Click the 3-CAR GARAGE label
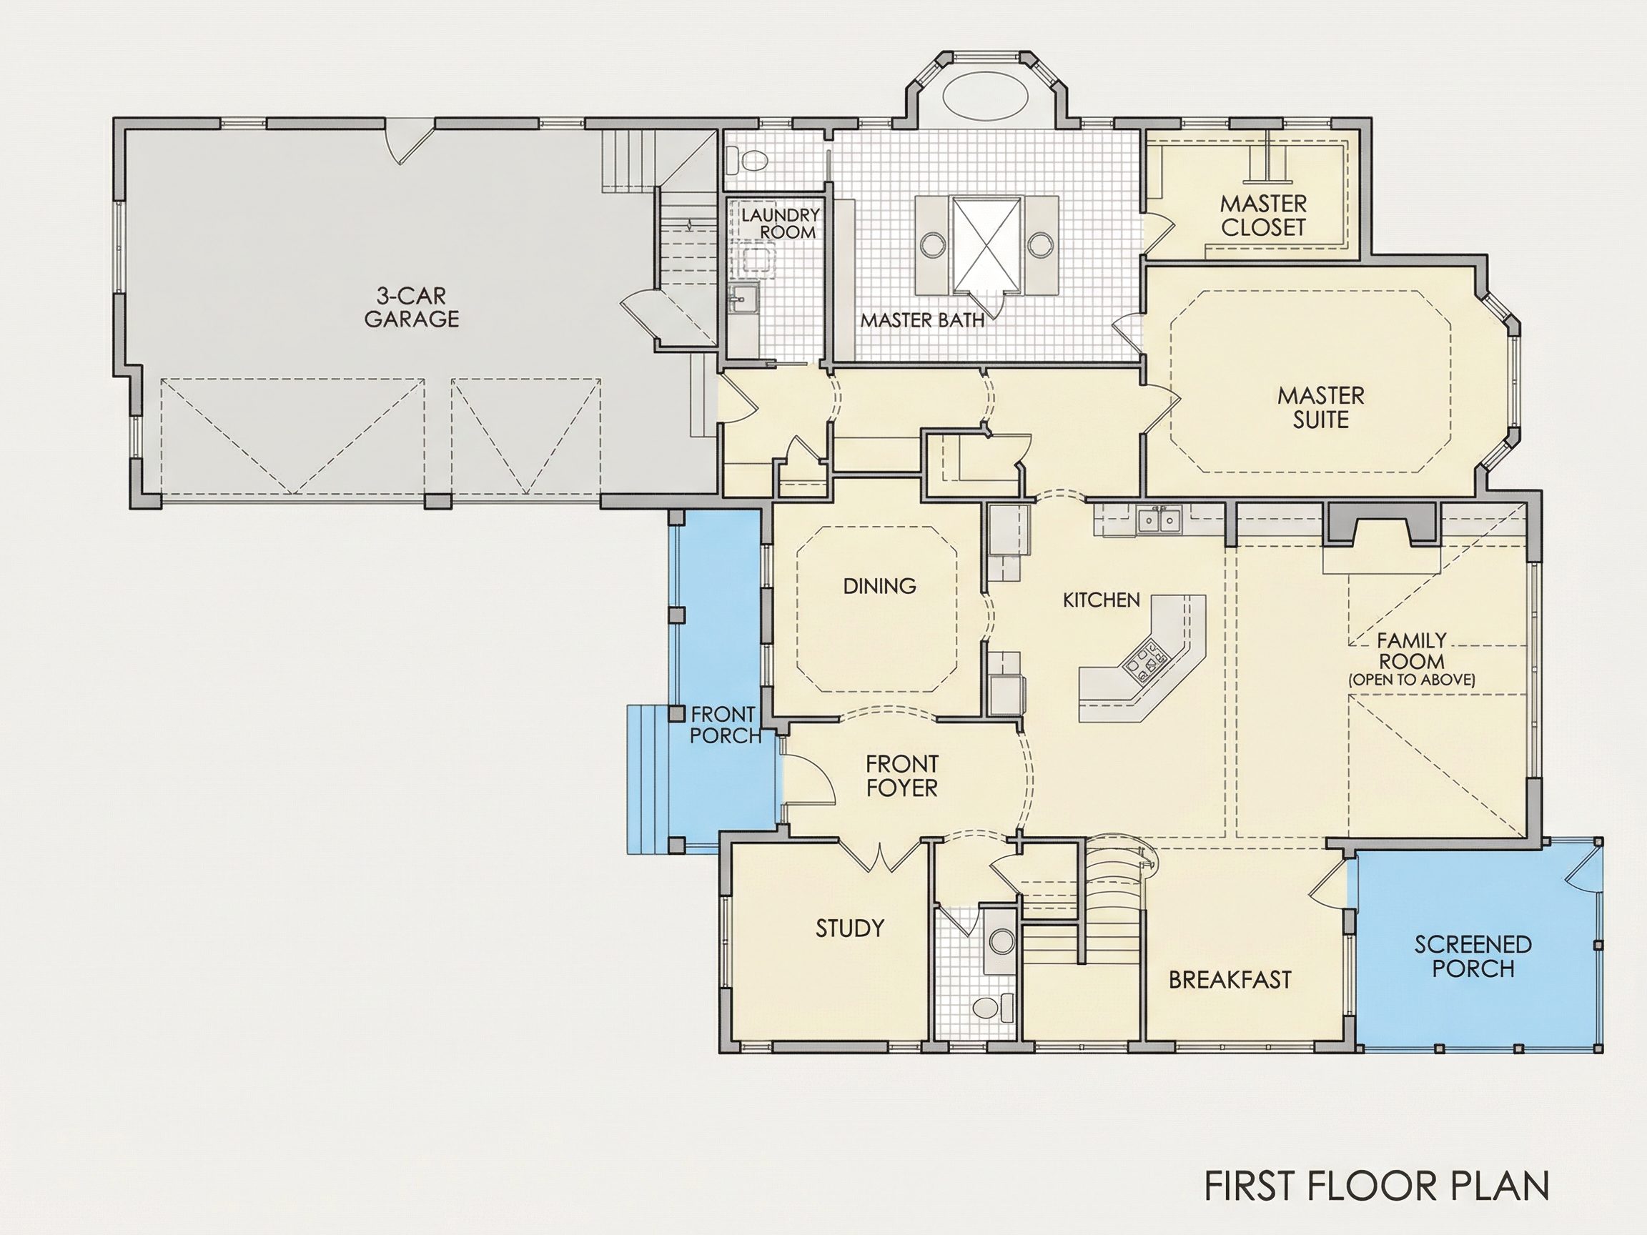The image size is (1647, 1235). pos(411,307)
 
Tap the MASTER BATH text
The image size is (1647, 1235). pos(923,321)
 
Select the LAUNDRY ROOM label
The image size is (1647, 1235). pos(781,223)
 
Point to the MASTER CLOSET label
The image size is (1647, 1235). pos(1264,215)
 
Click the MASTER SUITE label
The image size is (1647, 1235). pos(1321,407)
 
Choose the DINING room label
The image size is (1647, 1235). pos(879,587)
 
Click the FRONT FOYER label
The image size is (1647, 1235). pos(901,775)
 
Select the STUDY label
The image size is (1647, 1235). pos(849,928)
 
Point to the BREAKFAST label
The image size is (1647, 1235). pos(1230,980)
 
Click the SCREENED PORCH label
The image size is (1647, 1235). pos(1473,956)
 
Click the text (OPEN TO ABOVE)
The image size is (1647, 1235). pos(1412,680)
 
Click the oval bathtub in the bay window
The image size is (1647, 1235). pos(986,97)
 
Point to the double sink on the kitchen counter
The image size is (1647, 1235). pos(1159,518)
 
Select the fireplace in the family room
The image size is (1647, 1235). pos(1380,523)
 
